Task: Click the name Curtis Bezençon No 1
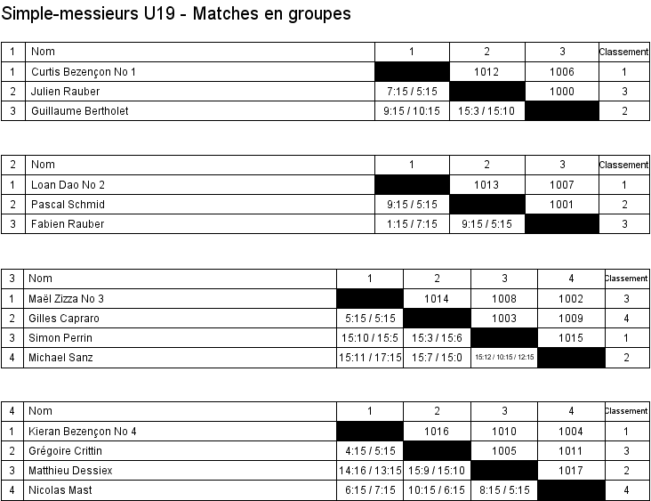click(x=84, y=72)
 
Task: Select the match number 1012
click(x=486, y=72)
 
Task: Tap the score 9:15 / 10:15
click(x=412, y=111)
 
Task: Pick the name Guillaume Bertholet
click(x=80, y=111)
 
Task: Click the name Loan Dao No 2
click(x=68, y=185)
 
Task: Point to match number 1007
click(x=562, y=185)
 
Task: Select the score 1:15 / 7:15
click(x=412, y=224)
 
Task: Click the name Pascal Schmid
click(x=68, y=205)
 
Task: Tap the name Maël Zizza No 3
click(x=66, y=299)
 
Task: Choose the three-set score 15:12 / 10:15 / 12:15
click(x=504, y=357)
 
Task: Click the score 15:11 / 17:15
click(x=370, y=357)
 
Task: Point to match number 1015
click(x=571, y=338)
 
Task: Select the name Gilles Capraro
click(x=64, y=319)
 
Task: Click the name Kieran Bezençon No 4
click(x=82, y=432)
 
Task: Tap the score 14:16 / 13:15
click(x=370, y=470)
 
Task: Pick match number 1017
click(x=571, y=470)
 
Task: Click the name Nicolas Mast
click(x=60, y=489)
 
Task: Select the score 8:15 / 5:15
click(x=504, y=489)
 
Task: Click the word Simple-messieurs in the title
click(x=70, y=13)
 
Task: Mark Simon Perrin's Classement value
click(x=626, y=338)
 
